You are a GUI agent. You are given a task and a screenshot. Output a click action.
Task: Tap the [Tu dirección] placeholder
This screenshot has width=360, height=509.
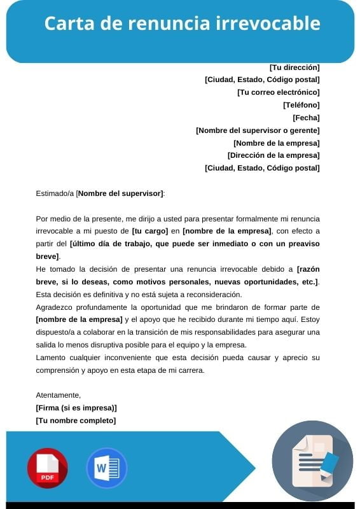tap(294, 67)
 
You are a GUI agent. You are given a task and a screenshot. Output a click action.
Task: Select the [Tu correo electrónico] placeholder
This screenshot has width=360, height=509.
tap(278, 92)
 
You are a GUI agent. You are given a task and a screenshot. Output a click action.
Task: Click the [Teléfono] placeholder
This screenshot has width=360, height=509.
tap(301, 105)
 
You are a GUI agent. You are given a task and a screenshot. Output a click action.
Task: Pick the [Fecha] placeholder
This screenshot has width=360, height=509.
tap(306, 118)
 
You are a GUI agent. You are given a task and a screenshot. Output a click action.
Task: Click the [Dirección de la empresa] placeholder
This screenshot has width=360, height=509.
tap(273, 155)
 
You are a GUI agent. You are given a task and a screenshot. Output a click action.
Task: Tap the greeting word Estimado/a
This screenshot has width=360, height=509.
tap(55, 193)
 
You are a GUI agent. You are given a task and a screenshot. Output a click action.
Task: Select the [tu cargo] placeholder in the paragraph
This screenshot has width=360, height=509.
tap(150, 231)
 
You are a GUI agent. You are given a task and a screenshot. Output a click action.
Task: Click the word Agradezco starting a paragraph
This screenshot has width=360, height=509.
tap(56, 307)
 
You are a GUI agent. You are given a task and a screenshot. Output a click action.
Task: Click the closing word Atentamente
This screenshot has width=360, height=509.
tap(59, 395)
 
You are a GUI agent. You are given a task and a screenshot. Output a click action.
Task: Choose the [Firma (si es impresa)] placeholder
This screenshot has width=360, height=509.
tap(76, 408)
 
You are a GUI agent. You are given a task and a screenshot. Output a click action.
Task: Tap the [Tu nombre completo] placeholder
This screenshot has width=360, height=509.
tap(76, 421)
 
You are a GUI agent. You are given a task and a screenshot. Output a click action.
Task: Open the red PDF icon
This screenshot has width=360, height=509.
tap(47, 468)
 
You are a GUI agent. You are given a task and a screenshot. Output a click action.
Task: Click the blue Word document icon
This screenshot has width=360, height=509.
tap(106, 468)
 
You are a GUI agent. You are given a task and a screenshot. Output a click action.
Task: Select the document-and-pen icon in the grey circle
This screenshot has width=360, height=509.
tap(312, 461)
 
